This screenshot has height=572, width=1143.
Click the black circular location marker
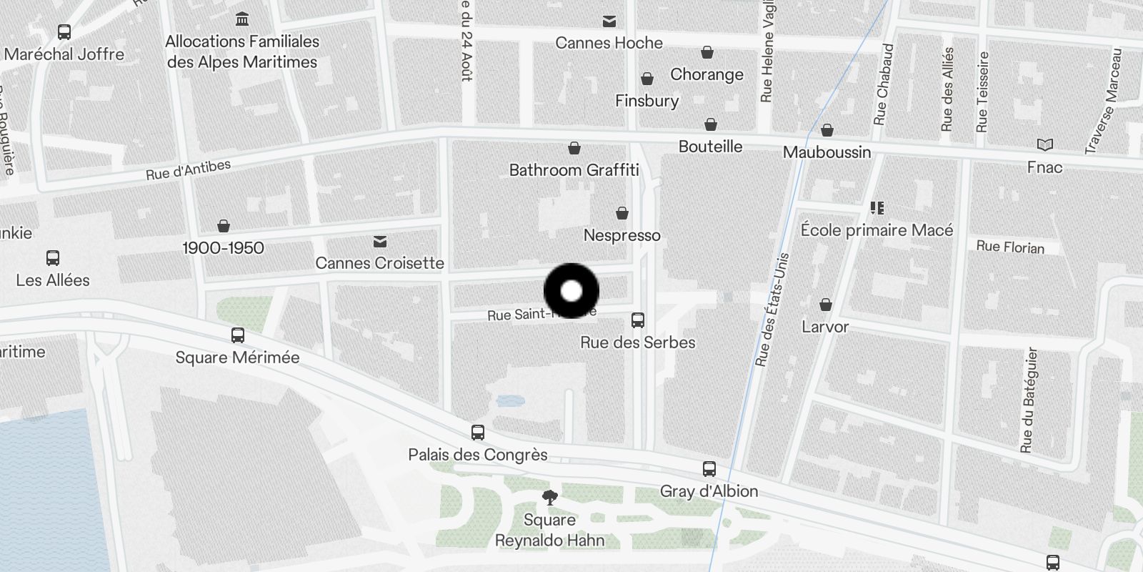click(571, 291)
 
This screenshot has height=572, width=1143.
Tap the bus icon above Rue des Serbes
click(638, 320)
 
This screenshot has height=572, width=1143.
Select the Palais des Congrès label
click(477, 455)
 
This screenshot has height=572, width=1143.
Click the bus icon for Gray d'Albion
click(709, 469)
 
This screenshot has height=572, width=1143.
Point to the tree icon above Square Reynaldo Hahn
click(549, 497)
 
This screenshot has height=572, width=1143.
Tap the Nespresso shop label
click(622, 235)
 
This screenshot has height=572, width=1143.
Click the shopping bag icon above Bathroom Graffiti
click(574, 148)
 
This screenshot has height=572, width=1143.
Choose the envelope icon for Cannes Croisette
click(380, 242)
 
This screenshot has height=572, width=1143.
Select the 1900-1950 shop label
click(223, 248)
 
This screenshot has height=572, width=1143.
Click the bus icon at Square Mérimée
click(238, 335)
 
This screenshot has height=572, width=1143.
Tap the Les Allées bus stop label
click(53, 280)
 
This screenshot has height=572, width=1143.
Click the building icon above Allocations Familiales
click(242, 19)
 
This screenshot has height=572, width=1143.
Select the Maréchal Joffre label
click(64, 54)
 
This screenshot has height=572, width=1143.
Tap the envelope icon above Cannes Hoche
click(609, 21)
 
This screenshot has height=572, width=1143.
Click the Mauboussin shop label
click(827, 152)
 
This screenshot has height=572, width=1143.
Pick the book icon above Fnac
click(1044, 145)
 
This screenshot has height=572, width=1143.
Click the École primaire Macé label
click(877, 230)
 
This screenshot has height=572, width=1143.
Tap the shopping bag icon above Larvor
click(826, 305)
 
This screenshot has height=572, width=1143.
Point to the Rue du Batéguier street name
click(1027, 400)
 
